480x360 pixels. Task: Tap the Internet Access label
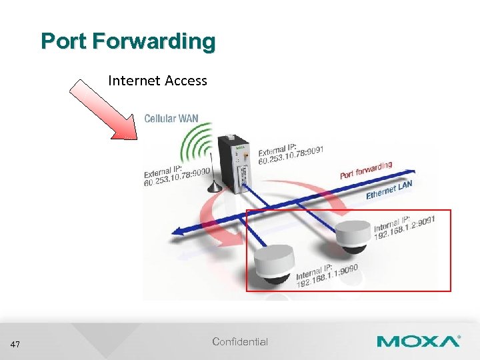point(157,81)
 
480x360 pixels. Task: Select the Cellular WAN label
point(171,119)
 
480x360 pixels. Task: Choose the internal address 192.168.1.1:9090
point(327,275)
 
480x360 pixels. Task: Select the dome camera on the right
point(352,236)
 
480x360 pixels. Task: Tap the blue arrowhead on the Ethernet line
point(179,231)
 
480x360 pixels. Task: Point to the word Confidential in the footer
point(240,342)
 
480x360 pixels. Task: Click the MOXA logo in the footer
point(418,341)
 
